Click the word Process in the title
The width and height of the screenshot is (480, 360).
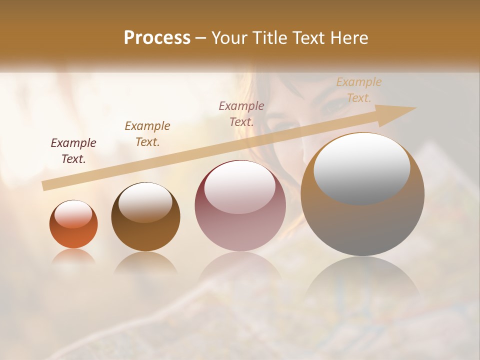[157, 38]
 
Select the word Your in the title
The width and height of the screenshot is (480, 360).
[227, 38]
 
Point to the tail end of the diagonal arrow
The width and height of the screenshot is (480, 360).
[44, 186]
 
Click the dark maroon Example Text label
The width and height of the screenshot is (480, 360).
[73, 150]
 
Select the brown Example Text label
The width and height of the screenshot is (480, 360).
[147, 133]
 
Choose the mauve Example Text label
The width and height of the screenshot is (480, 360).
[241, 113]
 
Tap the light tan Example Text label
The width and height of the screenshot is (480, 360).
[359, 89]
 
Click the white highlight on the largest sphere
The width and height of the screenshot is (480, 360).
[361, 168]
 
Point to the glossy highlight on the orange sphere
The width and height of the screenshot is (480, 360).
[73, 214]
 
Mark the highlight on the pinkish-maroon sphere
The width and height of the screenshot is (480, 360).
[240, 186]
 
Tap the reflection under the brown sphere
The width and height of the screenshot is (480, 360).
[145, 263]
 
